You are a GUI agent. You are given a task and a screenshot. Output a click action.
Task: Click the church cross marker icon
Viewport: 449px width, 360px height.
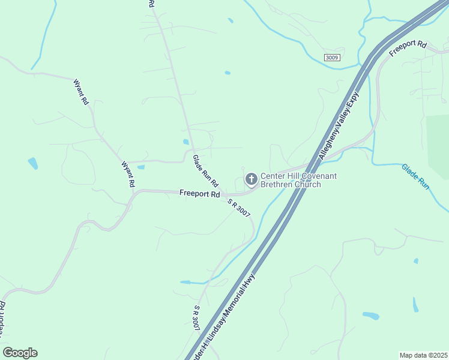pos(250,179)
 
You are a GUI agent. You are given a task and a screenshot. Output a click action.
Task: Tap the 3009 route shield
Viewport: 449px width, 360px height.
pos(331,57)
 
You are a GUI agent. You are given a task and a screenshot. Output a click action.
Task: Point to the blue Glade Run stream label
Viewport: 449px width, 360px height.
pos(415,177)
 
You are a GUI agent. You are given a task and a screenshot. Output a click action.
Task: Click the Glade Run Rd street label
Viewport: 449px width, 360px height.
pos(205,171)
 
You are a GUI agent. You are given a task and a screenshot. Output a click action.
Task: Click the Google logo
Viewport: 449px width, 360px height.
pos(20,353)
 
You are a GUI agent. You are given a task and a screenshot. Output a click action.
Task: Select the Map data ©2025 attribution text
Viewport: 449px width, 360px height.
pos(423,355)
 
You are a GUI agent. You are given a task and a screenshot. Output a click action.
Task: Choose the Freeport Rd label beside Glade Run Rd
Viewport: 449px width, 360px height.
pos(199,193)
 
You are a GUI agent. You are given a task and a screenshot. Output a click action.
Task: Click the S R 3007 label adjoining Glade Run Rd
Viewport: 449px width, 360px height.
pos(238,207)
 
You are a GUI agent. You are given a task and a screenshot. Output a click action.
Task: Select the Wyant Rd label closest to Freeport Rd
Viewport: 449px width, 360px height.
pos(127,174)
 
